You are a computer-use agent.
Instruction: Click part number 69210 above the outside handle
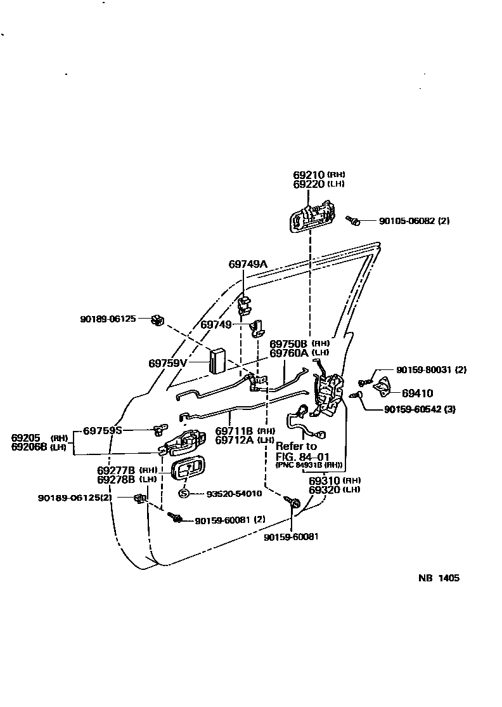(x=309, y=175)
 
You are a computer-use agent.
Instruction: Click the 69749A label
(x=248, y=263)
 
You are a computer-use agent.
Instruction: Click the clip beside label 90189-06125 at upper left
(x=157, y=320)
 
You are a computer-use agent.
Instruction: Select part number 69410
(x=418, y=393)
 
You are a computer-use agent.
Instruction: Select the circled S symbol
(x=183, y=493)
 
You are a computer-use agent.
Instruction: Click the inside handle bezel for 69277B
(x=186, y=470)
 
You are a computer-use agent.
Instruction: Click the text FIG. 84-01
(x=302, y=456)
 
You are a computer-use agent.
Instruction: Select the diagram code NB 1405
(x=439, y=578)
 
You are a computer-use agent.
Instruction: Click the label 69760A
(x=289, y=352)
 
